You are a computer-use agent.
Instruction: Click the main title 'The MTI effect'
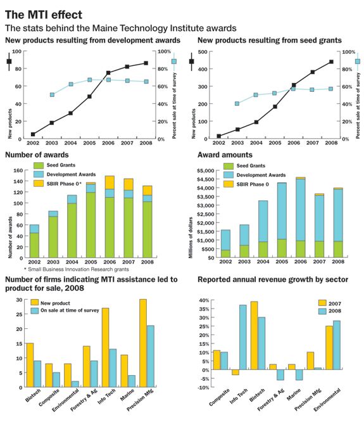point(44,15)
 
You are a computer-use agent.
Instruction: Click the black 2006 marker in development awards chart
point(108,73)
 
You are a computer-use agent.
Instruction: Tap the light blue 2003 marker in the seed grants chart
point(237,104)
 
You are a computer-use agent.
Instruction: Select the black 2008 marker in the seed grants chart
point(331,62)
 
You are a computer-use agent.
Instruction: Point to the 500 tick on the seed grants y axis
point(203,52)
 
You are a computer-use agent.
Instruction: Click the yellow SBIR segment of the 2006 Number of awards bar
point(110,182)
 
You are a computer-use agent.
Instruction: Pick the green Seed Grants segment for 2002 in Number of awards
point(34,245)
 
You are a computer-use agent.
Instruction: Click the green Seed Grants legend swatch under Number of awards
point(39,165)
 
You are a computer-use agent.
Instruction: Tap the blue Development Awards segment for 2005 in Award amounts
point(282,211)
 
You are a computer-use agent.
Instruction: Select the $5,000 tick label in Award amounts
point(205,170)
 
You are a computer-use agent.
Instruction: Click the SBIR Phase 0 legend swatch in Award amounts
point(229,184)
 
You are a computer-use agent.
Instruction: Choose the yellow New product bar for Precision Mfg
point(143,343)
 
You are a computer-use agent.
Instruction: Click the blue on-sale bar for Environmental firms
point(75,384)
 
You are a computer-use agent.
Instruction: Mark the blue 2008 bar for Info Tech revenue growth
point(242,337)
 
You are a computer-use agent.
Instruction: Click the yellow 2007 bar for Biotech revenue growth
point(254,335)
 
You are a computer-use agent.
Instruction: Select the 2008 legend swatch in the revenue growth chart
point(322,311)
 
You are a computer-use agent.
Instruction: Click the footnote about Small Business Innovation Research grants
point(77,269)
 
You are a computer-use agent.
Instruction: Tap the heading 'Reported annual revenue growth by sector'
point(273,279)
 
